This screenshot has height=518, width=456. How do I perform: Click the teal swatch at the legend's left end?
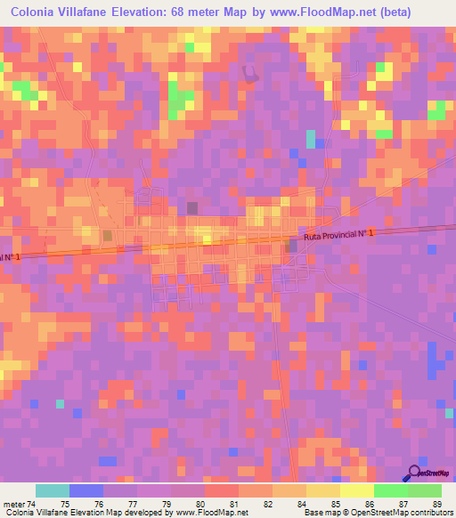pos(53,490)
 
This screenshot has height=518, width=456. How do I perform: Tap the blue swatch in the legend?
pos(86,490)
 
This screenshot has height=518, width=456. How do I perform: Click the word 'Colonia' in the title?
pos(37,12)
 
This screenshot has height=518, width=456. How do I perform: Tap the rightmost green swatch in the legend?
pos(425,490)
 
